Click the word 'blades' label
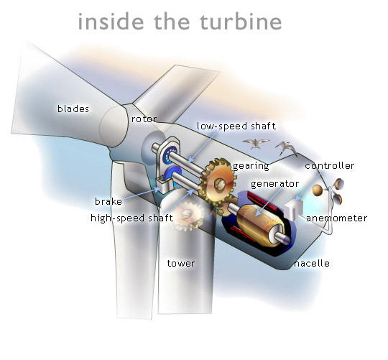73,109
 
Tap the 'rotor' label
144,119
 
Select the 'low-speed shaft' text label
236,126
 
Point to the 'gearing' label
251,166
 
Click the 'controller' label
329,165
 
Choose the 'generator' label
274,184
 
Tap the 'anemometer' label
336,218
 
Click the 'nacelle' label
312,263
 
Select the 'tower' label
181,263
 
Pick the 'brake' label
108,201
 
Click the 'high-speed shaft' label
132,218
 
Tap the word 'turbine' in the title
241,22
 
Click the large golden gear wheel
218,182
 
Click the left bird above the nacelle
256,143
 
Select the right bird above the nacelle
287,149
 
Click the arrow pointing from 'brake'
142,194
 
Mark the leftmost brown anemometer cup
318,190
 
